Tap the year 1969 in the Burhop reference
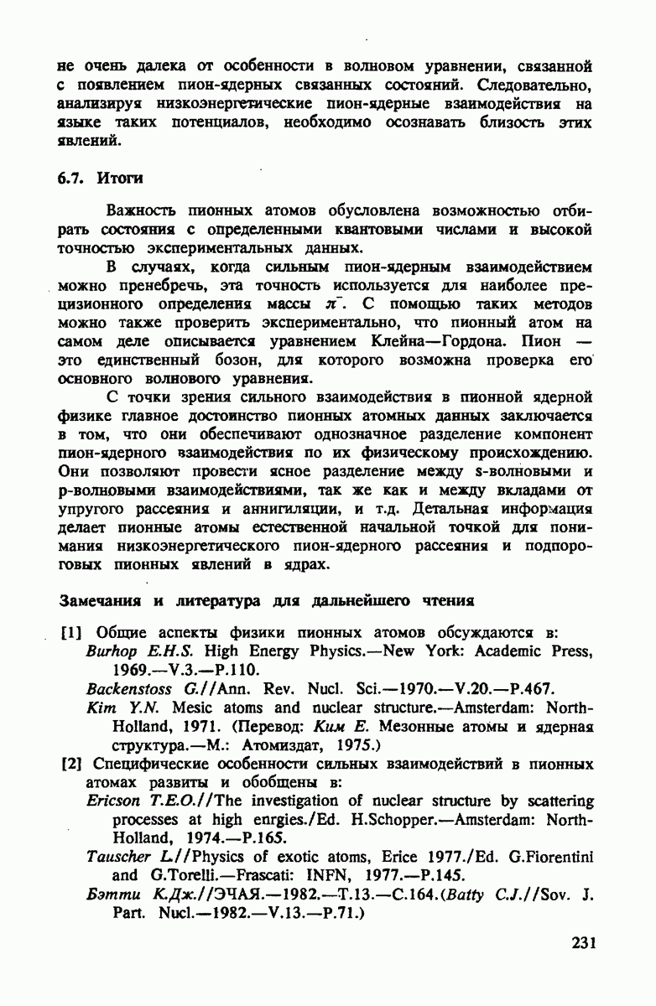127,671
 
